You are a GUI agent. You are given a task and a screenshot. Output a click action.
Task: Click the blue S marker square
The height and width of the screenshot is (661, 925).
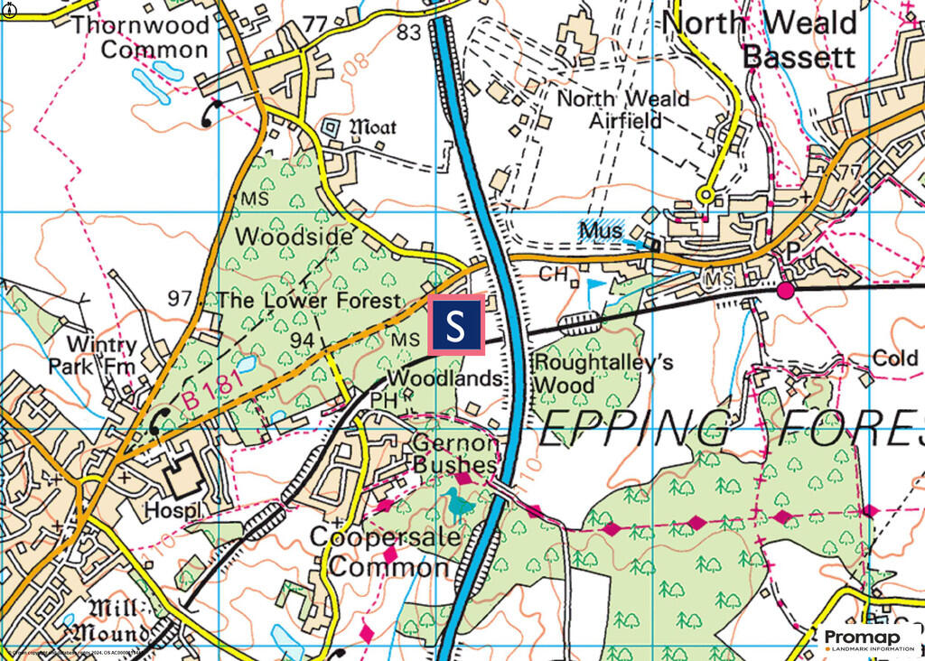(455, 325)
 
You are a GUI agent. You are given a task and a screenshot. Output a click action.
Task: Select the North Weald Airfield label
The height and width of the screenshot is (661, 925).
(622, 108)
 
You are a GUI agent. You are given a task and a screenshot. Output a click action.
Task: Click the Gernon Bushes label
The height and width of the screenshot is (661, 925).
(455, 453)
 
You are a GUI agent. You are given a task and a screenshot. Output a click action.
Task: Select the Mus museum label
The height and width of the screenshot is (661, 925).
(600, 230)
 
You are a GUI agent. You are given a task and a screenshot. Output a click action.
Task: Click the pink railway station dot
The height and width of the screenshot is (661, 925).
(786, 289)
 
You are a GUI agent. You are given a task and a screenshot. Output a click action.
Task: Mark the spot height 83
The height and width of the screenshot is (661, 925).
(409, 33)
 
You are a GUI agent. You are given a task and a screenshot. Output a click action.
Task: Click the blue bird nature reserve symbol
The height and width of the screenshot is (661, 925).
(460, 503)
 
